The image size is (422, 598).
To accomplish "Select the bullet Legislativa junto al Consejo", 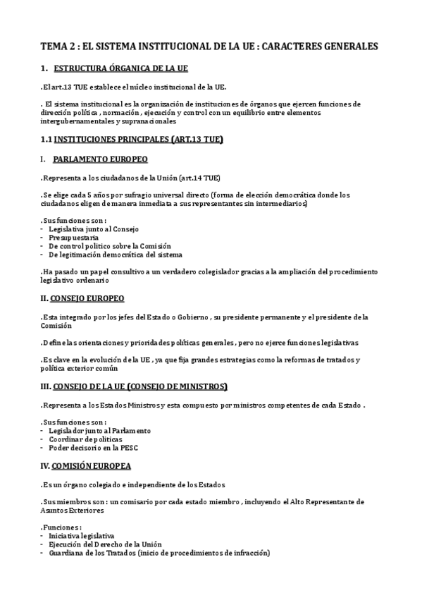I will (x=94, y=229).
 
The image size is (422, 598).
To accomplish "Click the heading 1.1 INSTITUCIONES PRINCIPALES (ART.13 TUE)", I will (x=132, y=140).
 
